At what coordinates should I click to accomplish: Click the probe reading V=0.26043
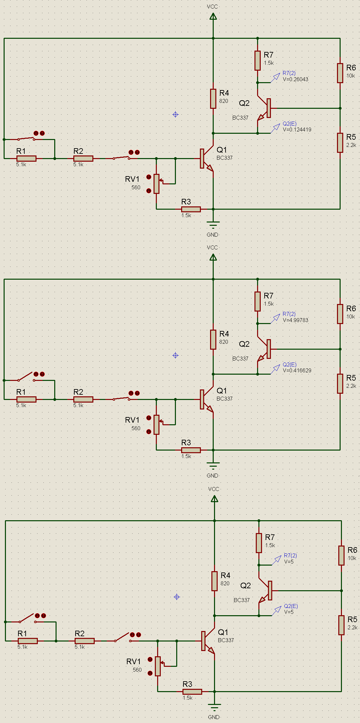click(295, 79)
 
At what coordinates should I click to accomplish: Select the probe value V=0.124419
click(297, 129)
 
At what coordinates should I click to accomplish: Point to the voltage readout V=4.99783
click(295, 320)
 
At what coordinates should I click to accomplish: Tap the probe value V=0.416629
click(297, 370)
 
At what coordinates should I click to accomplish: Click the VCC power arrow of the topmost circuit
click(213, 16)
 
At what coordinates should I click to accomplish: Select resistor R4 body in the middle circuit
click(213, 339)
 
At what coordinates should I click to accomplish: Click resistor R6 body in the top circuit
click(340, 73)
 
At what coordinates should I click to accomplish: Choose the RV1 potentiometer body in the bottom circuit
click(158, 666)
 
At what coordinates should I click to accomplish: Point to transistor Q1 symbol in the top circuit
click(206, 159)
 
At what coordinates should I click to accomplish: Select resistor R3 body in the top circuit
click(191, 209)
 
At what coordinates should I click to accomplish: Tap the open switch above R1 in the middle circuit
click(26, 376)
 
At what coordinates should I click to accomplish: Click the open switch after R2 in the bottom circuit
click(123, 637)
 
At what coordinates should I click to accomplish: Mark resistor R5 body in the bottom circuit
click(341, 625)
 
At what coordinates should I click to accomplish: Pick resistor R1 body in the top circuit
click(26, 158)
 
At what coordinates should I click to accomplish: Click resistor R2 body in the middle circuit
click(83, 399)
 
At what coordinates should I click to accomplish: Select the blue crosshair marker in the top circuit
click(175, 114)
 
